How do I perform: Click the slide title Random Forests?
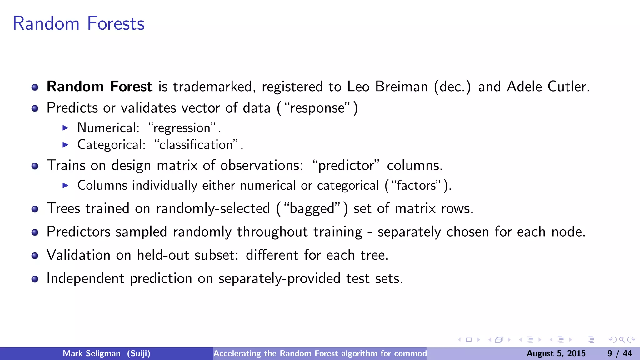pyautogui.click(x=78, y=23)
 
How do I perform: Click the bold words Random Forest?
pyautogui.click(x=99, y=87)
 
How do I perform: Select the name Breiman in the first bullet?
pyautogui.click(x=401, y=87)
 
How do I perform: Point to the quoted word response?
pyautogui.click(x=317, y=108)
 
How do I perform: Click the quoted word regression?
pyautogui.click(x=182, y=128)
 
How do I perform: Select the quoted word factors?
pyautogui.click(x=416, y=186)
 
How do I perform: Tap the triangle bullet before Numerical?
pyautogui.click(x=65, y=128)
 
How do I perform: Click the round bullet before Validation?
pyautogui.click(x=35, y=256)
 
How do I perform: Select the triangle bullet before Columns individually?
pyautogui.click(x=65, y=186)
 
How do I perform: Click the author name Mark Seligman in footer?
pyautogui.click(x=92, y=353)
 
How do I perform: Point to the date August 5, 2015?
pyautogui.click(x=556, y=353)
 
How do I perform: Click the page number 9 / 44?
pyautogui.click(x=619, y=353)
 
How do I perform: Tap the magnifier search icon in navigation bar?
pyautogui.click(x=622, y=340)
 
